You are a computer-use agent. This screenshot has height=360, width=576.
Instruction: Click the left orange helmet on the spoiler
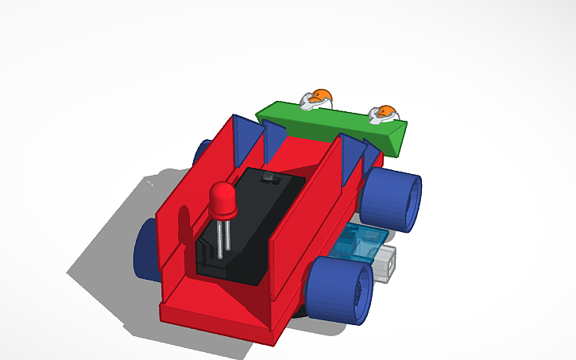[x=319, y=98]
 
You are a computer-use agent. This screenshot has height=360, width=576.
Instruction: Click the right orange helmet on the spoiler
[x=385, y=114]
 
